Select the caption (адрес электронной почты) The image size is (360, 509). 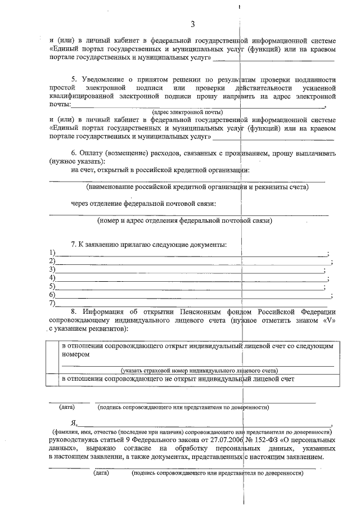[176, 112]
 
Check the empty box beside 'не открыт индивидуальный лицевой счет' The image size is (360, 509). [53, 380]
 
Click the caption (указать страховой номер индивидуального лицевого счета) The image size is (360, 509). [199, 371]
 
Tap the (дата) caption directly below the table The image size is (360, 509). [67, 407]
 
